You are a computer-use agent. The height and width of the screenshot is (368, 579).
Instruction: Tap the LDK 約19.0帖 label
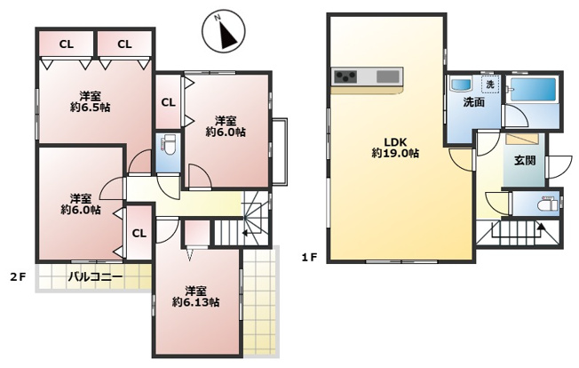point(395,148)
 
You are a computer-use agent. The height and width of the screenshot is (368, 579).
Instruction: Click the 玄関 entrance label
point(525,160)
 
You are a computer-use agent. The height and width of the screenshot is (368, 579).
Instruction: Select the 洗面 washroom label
point(473,102)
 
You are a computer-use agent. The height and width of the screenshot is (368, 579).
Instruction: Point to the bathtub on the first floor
point(533,90)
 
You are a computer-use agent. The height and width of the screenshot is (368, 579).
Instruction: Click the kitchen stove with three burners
point(345,77)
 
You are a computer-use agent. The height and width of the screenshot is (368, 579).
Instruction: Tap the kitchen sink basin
point(388,76)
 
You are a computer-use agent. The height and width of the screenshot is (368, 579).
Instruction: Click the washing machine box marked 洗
point(490,84)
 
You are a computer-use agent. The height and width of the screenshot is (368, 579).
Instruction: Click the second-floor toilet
point(169,147)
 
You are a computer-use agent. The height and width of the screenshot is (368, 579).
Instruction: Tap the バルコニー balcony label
point(95,276)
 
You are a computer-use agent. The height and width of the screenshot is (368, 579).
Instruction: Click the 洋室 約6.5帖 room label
point(91,102)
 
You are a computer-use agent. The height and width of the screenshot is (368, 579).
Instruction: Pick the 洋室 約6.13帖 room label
point(195,296)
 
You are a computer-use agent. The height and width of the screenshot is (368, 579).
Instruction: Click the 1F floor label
point(309,257)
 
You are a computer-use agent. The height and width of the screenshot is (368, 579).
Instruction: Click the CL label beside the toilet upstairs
point(168,102)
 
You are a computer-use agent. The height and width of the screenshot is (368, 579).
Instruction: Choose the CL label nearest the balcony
point(139,234)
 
